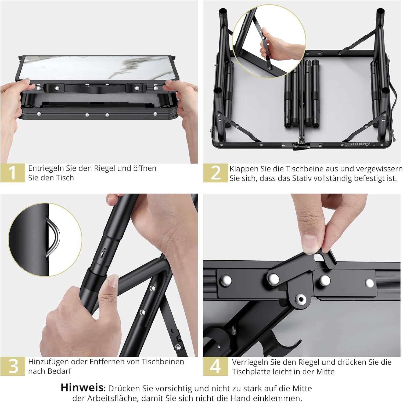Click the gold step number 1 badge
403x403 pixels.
click(13, 173)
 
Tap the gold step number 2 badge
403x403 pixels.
click(215, 173)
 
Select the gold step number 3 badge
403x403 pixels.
click(13, 366)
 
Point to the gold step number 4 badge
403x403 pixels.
click(215, 366)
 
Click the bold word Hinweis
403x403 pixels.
click(82, 388)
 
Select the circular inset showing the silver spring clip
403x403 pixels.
click(45, 239)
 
